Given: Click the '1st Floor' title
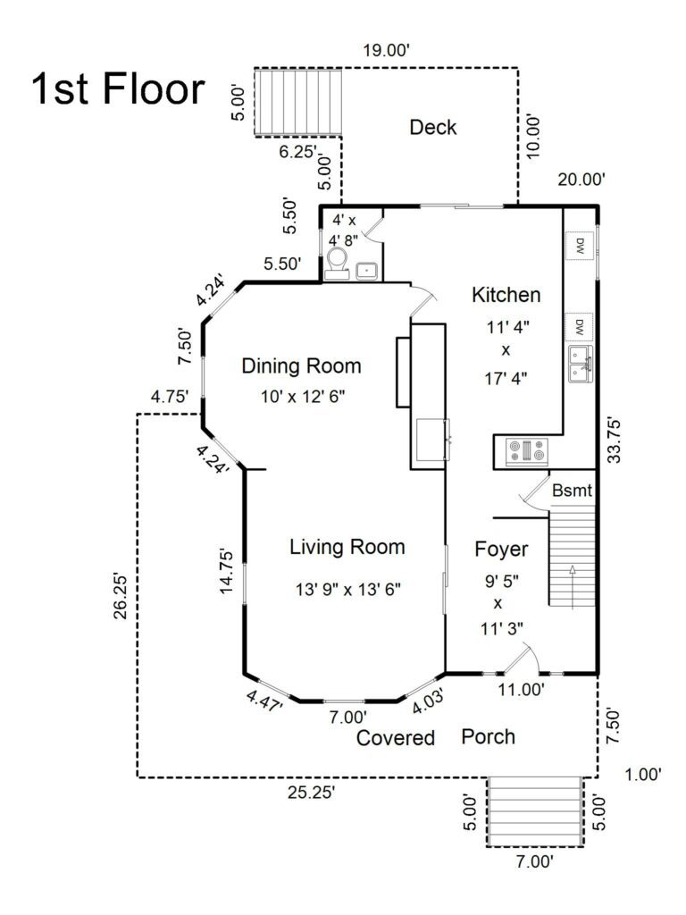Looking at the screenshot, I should (118, 90).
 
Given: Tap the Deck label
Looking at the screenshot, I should (432, 128).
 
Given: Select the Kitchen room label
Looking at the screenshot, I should (506, 295).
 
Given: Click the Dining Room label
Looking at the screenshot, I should (302, 365).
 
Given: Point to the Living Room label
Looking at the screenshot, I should (347, 547).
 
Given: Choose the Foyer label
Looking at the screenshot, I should (500, 549).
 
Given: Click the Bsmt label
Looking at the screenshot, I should (572, 491).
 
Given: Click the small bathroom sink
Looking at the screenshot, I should (366, 270).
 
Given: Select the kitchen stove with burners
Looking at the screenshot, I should (527, 451).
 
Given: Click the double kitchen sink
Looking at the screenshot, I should (580, 364).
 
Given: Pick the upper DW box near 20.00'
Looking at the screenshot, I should (579, 244).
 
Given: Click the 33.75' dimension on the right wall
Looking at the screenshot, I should (613, 440).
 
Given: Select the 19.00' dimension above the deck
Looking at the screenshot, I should (386, 51).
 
